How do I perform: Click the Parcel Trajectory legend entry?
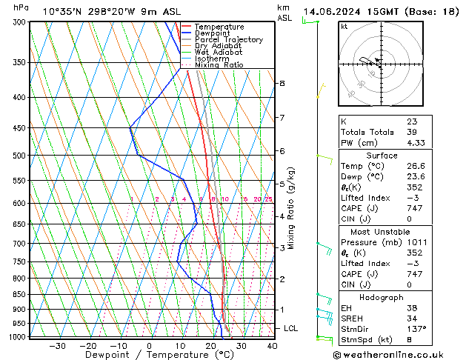(x=228, y=39)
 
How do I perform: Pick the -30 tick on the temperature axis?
(x=57, y=345)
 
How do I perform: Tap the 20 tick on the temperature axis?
(x=210, y=345)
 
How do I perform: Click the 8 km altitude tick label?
(x=282, y=84)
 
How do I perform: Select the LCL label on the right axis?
(x=291, y=328)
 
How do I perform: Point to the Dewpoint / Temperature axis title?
(x=150, y=355)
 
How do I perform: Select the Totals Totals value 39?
(x=411, y=131)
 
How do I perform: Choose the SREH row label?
(x=353, y=318)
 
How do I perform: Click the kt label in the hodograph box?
(x=344, y=26)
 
